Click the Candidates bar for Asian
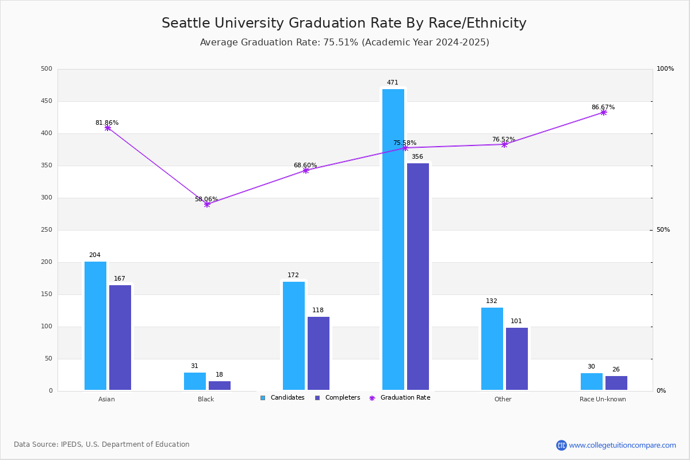point(95,325)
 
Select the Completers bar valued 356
point(418,277)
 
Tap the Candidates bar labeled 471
point(393,239)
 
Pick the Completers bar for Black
point(220,386)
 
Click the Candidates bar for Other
point(492,348)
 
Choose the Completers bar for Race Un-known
point(616,383)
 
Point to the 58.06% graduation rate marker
point(207,204)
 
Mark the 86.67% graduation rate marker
point(603,113)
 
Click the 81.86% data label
point(107,122)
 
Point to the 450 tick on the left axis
point(47,101)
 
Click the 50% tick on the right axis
point(663,230)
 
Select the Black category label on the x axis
point(206,399)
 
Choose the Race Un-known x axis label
point(603,399)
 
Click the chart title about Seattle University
point(344,23)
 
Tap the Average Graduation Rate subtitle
point(344,43)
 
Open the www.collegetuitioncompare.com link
point(622,445)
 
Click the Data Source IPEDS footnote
point(102,444)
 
